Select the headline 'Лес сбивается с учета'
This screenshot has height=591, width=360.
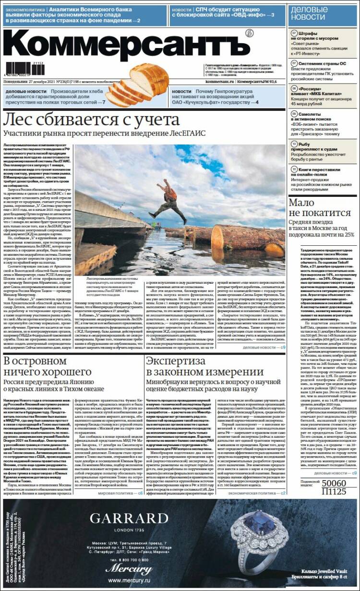(x=91, y=119)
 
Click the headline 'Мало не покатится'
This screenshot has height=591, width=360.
(x=320, y=208)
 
